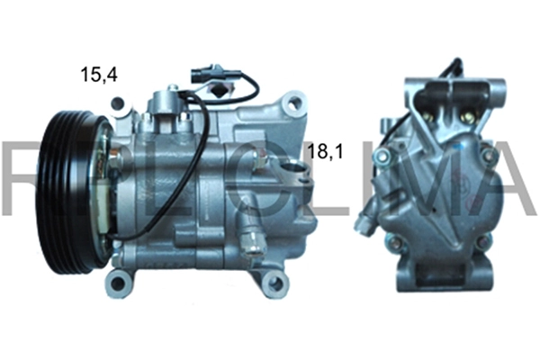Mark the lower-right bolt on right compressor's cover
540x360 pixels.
click(x=482, y=240)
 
